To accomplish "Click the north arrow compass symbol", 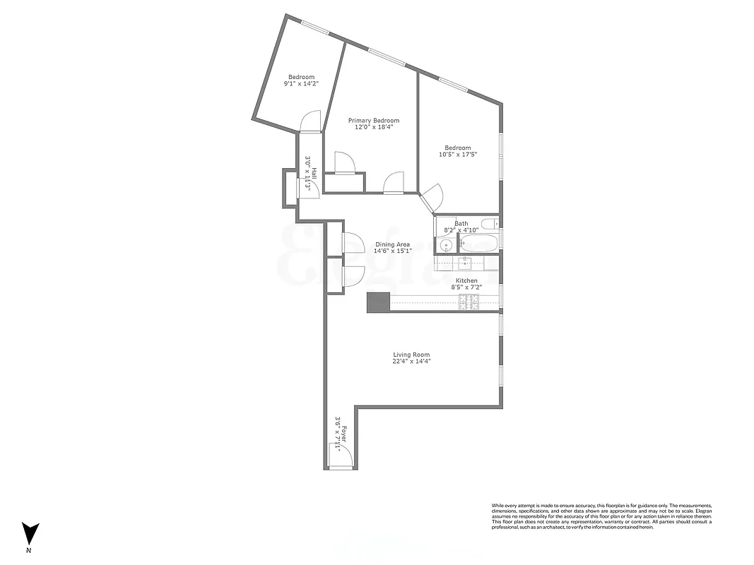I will click(x=30, y=534).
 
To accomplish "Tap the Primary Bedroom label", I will click(x=373, y=121).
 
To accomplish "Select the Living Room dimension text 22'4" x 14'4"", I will click(x=411, y=362).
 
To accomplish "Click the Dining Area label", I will click(x=392, y=244).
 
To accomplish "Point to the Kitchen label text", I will click(x=466, y=281).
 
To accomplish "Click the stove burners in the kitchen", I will click(x=469, y=302).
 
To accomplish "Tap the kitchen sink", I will click(x=466, y=263).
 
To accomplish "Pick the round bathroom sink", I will click(x=446, y=245).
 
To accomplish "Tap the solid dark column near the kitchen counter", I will click(x=378, y=302).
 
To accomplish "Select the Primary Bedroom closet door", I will click(x=344, y=162).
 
